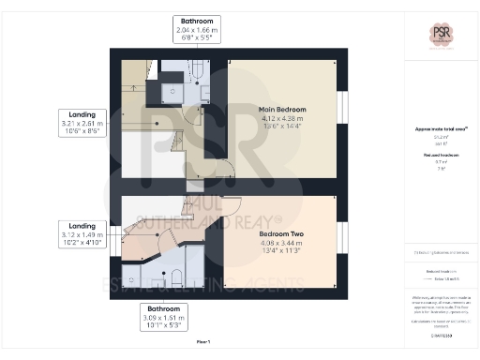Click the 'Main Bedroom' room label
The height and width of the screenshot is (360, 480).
[283, 110]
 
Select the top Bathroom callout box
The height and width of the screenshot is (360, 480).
[197, 30]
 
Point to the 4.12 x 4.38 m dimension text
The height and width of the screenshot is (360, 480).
[283, 119]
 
